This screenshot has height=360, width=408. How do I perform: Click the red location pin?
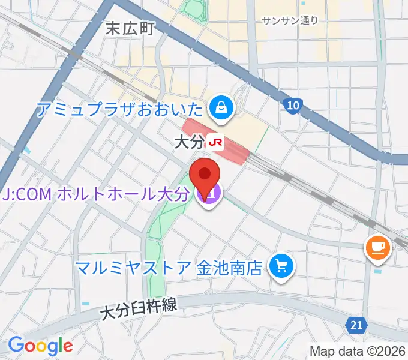[204, 176]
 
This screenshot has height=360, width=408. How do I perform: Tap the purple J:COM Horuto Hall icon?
[211, 194]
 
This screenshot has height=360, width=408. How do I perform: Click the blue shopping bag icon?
[221, 108]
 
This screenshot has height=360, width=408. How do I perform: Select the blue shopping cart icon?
[280, 266]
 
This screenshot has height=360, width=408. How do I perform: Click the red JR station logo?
[215, 143]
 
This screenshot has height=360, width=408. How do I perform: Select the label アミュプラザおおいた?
[120, 109]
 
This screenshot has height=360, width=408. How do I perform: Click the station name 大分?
[189, 143]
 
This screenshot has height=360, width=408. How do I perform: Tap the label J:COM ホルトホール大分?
[96, 194]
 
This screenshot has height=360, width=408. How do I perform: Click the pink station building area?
[234, 150]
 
